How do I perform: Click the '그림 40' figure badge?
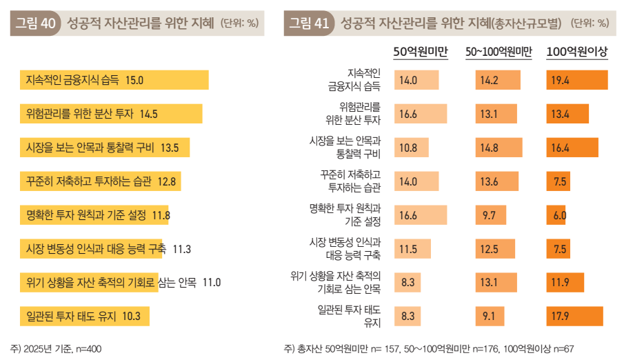coord(36,23)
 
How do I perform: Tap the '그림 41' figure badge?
coord(309,23)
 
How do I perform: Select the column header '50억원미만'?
coord(421,52)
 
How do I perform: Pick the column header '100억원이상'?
coord(576,52)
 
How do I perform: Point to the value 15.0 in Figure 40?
coord(134,80)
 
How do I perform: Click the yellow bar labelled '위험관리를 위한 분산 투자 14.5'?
coord(110,114)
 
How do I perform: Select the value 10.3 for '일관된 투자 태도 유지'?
coord(131,317)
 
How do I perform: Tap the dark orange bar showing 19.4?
coord(576,81)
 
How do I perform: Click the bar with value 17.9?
coord(574,317)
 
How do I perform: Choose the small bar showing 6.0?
coord(556,216)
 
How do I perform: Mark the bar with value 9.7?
coord(491,216)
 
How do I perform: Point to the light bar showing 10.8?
coord(412,148)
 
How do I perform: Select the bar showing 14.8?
coord(499,148)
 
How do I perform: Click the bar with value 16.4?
coord(572,148)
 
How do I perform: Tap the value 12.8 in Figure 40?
coord(168,181)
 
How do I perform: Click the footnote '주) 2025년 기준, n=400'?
coord(57,349)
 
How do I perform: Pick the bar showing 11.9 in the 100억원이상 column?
coord(565,283)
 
